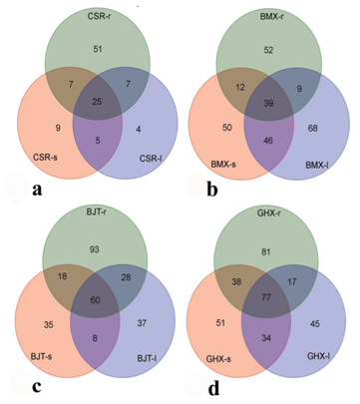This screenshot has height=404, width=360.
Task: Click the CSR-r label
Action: coord(99,16)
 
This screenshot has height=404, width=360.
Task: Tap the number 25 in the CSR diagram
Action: coord(98,102)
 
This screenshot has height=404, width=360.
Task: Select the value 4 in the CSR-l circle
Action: coord(139,129)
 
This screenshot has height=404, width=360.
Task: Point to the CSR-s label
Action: coord(45,157)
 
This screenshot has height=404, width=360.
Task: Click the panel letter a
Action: coord(37,190)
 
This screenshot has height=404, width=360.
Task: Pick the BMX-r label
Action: coord(271,16)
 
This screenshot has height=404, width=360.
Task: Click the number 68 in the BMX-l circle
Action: coord(313,128)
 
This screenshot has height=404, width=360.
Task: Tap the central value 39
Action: coord(268,103)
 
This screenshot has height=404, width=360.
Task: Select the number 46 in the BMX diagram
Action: coord(268,141)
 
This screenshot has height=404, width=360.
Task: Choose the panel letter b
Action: coord(212,190)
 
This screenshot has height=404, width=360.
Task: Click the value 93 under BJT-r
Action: coord(95,249)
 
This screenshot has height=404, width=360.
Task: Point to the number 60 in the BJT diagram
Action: coord(95,300)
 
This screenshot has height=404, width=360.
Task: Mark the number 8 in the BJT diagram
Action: coord(96,339)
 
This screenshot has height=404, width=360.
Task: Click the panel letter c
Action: coord(37,386)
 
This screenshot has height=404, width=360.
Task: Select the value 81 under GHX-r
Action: coord(266,252)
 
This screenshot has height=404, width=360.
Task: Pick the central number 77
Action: coord(266,297)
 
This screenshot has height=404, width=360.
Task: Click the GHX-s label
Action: coord(218,359)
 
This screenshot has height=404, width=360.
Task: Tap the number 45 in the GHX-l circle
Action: coord(315,323)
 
